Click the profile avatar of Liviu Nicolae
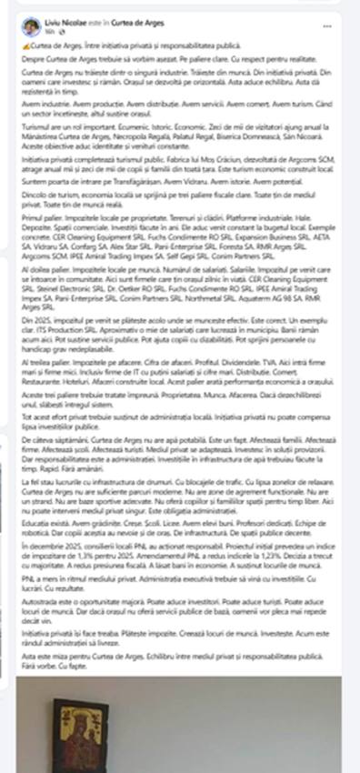(30, 25)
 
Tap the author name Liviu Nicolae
(64, 21)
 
